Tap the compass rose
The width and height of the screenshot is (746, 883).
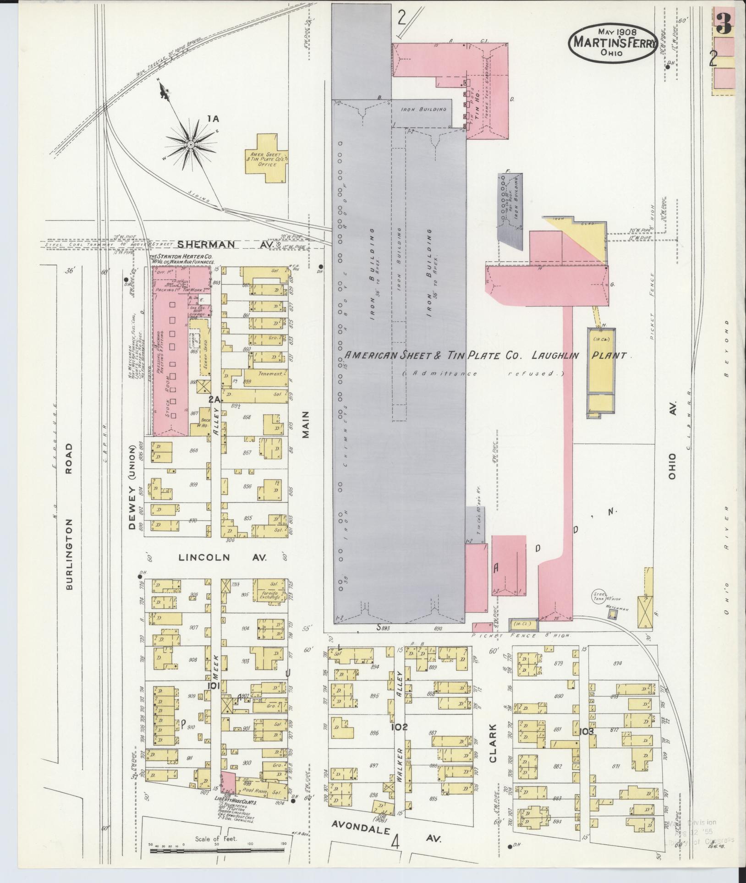189,144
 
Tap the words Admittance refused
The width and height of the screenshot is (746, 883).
483,373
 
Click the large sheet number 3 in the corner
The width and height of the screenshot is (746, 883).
724,23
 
